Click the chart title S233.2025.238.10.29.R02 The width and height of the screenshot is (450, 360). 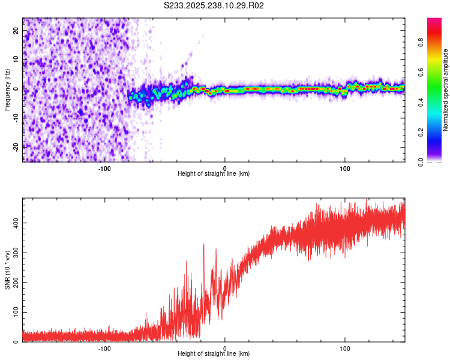pyautogui.click(x=214, y=5)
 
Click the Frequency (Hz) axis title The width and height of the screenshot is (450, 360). pyautogui.click(x=7, y=89)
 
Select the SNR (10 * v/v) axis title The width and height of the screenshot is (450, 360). pyautogui.click(x=7, y=270)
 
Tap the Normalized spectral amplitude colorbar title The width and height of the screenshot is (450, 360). pyautogui.click(x=446, y=90)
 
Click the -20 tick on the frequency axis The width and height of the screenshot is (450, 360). pyautogui.click(x=16, y=146)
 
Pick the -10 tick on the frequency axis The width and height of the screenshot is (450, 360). pyautogui.click(x=16, y=118)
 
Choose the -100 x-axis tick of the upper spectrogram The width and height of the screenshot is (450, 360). pyautogui.click(x=104, y=168)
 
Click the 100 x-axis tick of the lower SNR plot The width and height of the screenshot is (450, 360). pyautogui.click(x=345, y=348)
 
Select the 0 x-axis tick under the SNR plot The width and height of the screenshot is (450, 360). pyautogui.click(x=225, y=348)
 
